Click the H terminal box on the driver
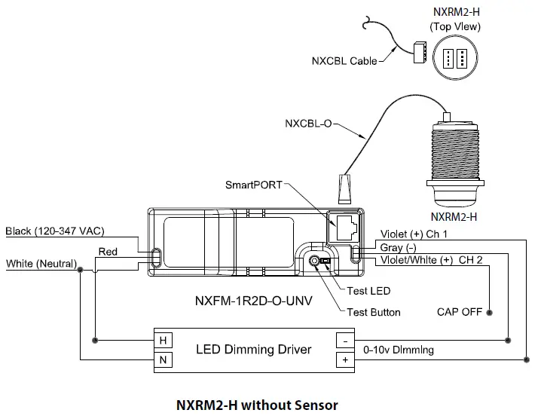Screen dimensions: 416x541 click(163, 341)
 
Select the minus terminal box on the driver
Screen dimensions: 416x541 click(344, 341)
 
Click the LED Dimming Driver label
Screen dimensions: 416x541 click(253, 350)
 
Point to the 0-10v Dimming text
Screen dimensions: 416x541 click(399, 350)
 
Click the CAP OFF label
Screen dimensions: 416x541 click(459, 312)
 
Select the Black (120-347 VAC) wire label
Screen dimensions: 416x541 click(54, 231)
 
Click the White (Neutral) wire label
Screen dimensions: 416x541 click(41, 264)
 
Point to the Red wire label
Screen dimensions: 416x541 click(108, 252)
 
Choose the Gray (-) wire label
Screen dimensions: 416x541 click(399, 247)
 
